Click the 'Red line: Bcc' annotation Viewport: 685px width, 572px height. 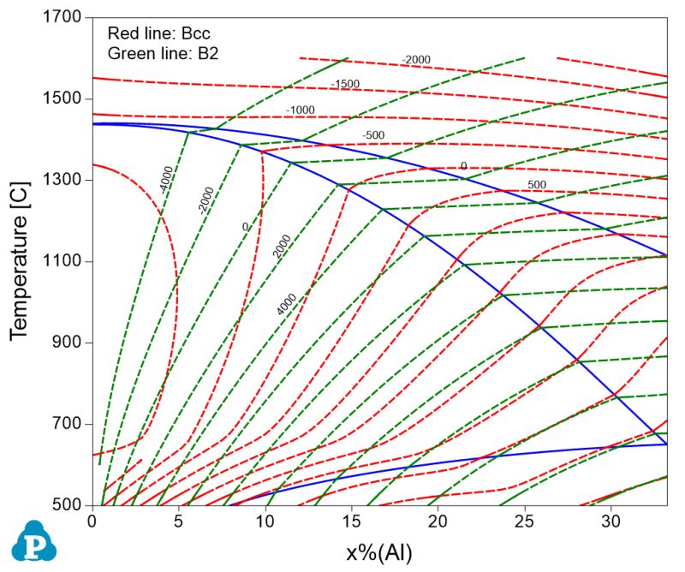pyautogui.click(x=158, y=34)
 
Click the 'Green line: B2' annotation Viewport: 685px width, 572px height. pyautogui.click(x=158, y=53)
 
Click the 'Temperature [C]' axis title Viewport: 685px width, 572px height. pyautogui.click(x=21, y=261)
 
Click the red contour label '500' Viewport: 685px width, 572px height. pyautogui.click(x=537, y=185)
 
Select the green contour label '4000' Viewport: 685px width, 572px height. pyautogui.click(x=287, y=304)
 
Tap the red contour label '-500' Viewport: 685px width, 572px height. pyautogui.click(x=373, y=135)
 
